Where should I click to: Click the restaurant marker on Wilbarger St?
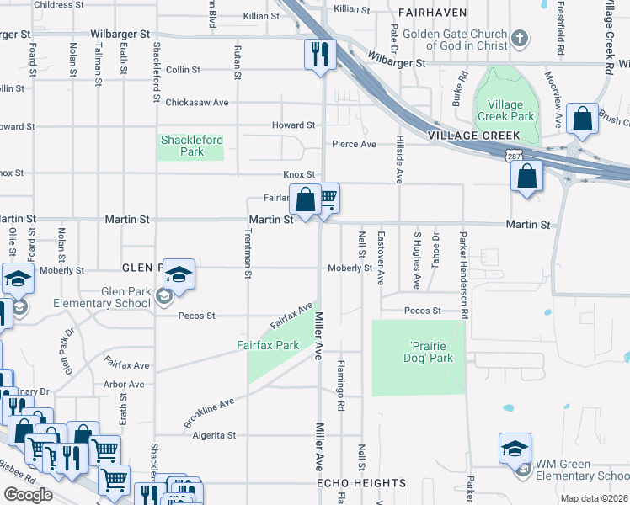320,55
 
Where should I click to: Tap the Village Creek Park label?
505,110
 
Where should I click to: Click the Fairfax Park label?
268,345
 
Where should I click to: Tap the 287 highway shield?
512,157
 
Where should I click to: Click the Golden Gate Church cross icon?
521,39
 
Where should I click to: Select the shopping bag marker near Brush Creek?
582,120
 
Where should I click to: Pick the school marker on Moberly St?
179,274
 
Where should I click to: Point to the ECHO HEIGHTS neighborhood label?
361,483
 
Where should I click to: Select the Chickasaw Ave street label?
196,103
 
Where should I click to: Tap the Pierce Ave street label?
354,144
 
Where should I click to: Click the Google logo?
27,495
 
